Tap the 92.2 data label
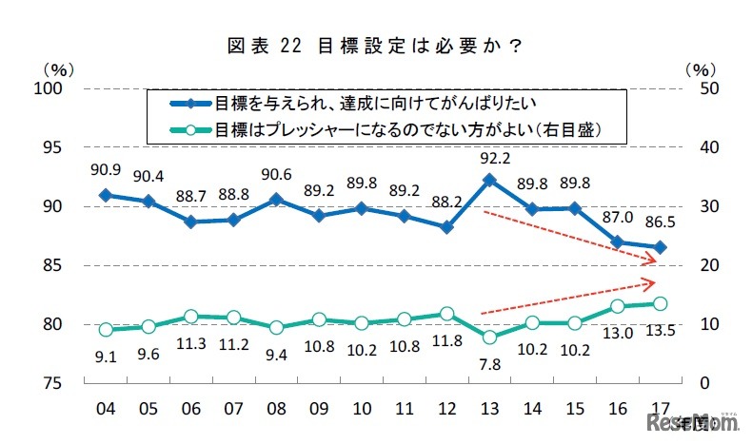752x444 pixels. click(x=487, y=158)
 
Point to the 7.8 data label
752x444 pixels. click(x=487, y=361)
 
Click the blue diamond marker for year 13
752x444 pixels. click(x=488, y=179)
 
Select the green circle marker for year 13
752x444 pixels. click(x=488, y=338)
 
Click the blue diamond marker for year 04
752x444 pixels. click(x=106, y=195)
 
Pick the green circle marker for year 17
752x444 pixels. click(x=660, y=303)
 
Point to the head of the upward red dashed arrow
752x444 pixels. click(x=655, y=281)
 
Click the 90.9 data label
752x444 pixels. click(x=106, y=172)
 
